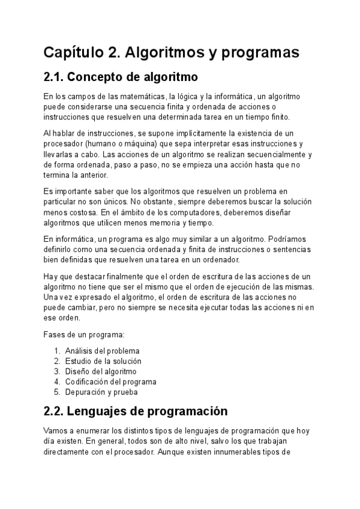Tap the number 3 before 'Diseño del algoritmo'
coord(56,372)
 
